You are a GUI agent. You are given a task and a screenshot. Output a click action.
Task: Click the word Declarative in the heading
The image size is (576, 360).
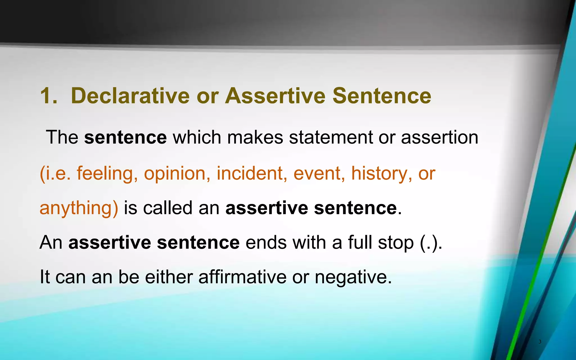[x=130, y=96]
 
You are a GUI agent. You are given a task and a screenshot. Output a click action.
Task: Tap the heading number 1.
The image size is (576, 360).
[x=48, y=96]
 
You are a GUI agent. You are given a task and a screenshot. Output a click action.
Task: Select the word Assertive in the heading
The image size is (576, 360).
[x=275, y=96]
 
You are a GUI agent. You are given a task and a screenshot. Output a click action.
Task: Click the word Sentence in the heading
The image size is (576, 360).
[x=382, y=96]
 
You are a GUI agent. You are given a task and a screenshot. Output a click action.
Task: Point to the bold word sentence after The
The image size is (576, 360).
[x=125, y=138]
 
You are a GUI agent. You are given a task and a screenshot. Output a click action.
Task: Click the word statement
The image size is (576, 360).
[x=331, y=138]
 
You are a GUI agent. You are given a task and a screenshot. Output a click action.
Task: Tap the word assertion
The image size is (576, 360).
[x=439, y=138]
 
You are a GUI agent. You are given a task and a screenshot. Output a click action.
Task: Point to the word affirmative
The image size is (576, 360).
[x=242, y=277]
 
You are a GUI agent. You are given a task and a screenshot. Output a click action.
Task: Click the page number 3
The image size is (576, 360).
[x=540, y=342]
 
